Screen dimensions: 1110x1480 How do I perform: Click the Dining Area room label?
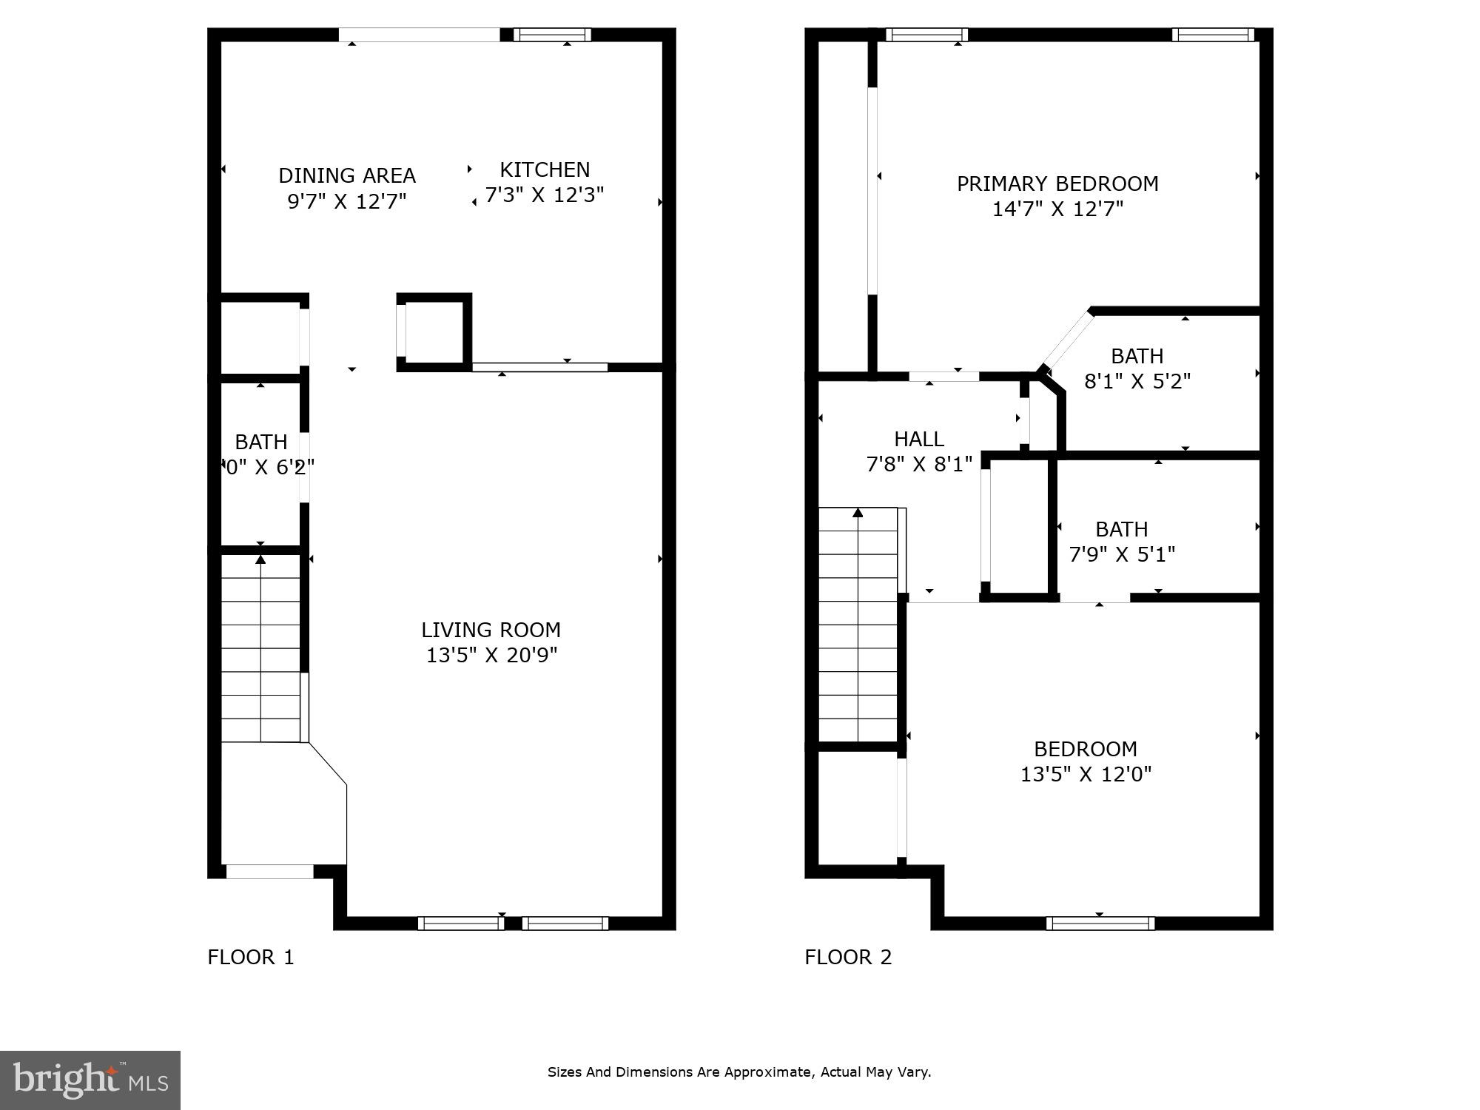pyautogui.click(x=346, y=175)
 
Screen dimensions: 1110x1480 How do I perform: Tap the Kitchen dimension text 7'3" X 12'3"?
pyautogui.click(x=545, y=195)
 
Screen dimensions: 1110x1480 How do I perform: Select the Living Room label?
pyautogui.click(x=491, y=630)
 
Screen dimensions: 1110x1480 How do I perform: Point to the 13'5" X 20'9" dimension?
pyautogui.click(x=491, y=656)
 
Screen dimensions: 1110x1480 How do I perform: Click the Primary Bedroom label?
pyautogui.click(x=1057, y=184)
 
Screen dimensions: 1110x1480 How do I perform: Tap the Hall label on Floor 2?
pyautogui.click(x=918, y=439)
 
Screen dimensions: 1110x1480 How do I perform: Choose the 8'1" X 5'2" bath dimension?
pyautogui.click(x=1137, y=382)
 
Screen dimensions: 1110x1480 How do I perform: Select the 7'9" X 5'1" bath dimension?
pyautogui.click(x=1122, y=554)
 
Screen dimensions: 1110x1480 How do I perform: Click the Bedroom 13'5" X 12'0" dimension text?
pyautogui.click(x=1086, y=774)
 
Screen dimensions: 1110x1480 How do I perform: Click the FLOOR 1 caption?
pyautogui.click(x=251, y=958)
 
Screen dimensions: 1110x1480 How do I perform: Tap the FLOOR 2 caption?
pyautogui.click(x=848, y=958)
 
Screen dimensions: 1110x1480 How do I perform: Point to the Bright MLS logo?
pyautogui.click(x=90, y=1080)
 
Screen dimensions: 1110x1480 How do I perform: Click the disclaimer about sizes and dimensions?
pyautogui.click(x=739, y=1072)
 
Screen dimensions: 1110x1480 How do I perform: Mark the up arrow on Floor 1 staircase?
pyautogui.click(x=260, y=559)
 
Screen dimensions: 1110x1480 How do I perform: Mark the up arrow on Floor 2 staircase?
pyautogui.click(x=858, y=512)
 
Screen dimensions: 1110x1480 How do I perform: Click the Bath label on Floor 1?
pyautogui.click(x=260, y=442)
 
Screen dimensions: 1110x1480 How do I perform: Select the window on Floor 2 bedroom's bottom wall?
pyautogui.click(x=1100, y=923)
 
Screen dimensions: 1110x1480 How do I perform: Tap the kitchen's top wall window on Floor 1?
pyautogui.click(x=552, y=35)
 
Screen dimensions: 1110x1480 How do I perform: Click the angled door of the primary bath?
pyautogui.click(x=1066, y=340)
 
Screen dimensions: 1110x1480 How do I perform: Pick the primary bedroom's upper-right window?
pyautogui.click(x=1212, y=35)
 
